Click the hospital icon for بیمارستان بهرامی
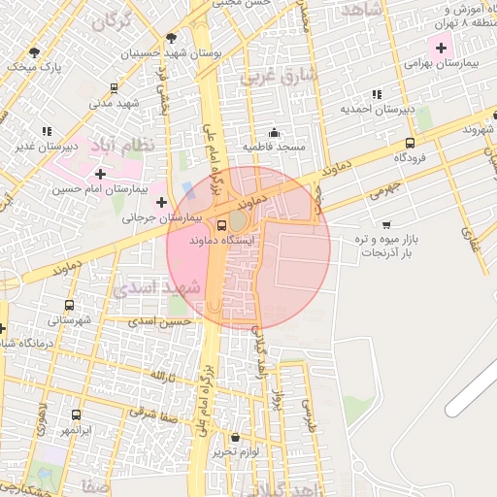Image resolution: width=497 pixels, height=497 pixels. [442, 45]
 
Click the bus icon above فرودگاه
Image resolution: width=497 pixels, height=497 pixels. [409, 143]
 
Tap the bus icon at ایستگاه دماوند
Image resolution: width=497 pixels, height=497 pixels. [222, 225]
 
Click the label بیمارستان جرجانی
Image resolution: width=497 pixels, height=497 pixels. [161, 219]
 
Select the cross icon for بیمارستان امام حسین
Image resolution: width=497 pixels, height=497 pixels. [100, 173]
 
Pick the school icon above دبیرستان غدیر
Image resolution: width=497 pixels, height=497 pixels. [47, 131]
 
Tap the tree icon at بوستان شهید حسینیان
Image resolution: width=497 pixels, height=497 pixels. [171, 38]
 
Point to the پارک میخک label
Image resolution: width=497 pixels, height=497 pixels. [42, 67]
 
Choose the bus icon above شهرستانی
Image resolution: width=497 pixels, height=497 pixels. [53, 304]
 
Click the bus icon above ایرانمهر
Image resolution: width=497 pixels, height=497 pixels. [77, 414]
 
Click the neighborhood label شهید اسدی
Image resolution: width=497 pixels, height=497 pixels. [155, 287]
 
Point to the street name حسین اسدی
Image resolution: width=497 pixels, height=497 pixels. [161, 321]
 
